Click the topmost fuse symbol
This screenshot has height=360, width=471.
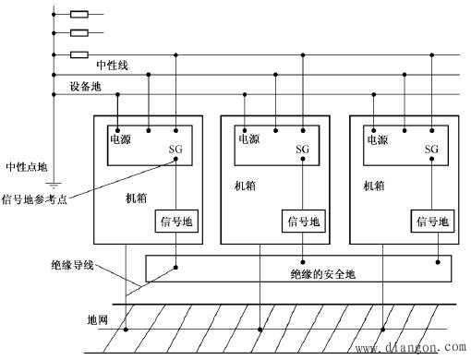pyautogui.click(x=79, y=15)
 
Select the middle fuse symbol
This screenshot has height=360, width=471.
pyautogui.click(x=79, y=34)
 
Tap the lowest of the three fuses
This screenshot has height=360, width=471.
pyautogui.click(x=79, y=54)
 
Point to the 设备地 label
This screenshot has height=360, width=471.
pyautogui.click(x=85, y=87)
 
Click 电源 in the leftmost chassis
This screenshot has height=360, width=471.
pyautogui.click(x=122, y=140)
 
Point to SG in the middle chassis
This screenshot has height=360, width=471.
pyautogui.click(x=303, y=150)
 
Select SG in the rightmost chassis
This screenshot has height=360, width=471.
pyautogui.click(x=431, y=150)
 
